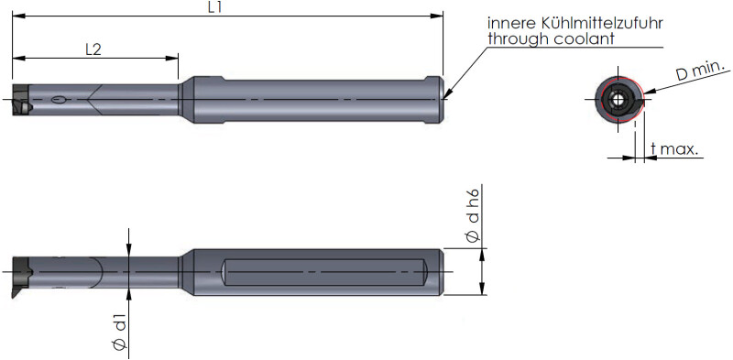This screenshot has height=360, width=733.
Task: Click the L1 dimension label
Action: point(214,8)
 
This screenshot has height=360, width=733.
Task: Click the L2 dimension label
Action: point(93,50)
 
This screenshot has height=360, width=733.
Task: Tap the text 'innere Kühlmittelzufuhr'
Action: point(575,24)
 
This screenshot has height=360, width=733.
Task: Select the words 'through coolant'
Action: point(552,38)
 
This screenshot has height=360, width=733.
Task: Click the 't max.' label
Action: point(674,149)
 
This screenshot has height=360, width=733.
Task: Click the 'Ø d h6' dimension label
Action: point(473,215)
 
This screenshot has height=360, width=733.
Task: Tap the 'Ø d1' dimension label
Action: point(120,333)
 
